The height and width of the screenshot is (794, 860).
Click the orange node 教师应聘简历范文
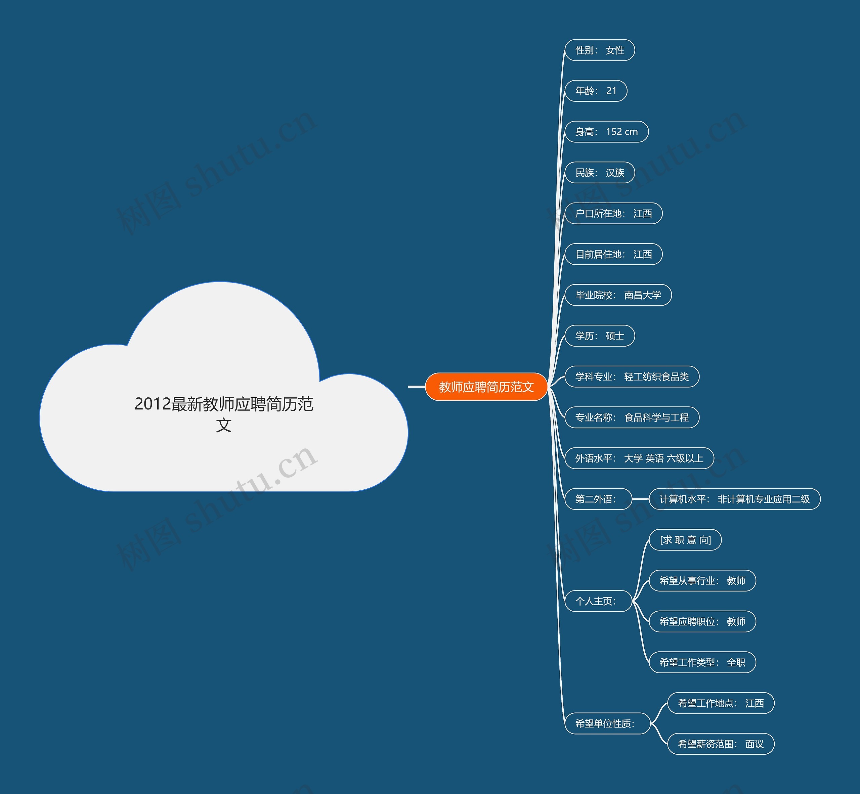[486, 387]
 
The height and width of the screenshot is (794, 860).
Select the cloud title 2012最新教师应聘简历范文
[223, 414]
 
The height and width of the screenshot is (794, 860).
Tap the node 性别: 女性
[600, 50]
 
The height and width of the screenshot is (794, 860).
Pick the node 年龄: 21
[596, 91]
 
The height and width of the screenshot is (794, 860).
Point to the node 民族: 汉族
[600, 173]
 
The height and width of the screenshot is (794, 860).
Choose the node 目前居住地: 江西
[613, 254]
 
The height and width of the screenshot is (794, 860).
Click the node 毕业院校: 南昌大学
[618, 295]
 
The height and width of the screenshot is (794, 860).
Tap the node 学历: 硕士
[600, 336]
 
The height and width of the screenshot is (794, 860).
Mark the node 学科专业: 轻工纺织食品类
[632, 377]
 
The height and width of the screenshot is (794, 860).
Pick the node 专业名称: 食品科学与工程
[632, 417]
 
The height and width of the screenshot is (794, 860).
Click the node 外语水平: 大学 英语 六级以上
[639, 458]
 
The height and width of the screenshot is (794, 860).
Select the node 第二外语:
[598, 499]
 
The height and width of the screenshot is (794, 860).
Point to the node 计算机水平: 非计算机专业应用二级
[734, 499]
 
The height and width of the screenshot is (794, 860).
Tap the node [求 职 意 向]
[685, 540]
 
